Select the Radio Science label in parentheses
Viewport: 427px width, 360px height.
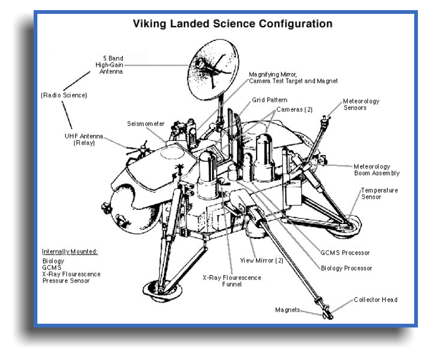point(64,95)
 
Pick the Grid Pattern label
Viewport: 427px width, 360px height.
point(270,100)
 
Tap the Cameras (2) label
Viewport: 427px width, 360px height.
point(294,109)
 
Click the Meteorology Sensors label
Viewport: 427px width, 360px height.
point(361,104)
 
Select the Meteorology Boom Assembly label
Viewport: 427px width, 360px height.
point(376,170)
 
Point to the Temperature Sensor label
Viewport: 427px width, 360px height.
point(379,194)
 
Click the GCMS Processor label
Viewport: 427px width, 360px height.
point(345,253)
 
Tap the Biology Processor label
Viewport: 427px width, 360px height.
point(346,268)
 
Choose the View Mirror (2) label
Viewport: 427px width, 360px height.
point(262,260)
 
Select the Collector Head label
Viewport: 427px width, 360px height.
point(375,300)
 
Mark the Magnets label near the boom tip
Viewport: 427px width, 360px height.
point(287,310)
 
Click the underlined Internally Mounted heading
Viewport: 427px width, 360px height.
point(74,252)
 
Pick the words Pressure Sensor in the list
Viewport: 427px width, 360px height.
point(66,281)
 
